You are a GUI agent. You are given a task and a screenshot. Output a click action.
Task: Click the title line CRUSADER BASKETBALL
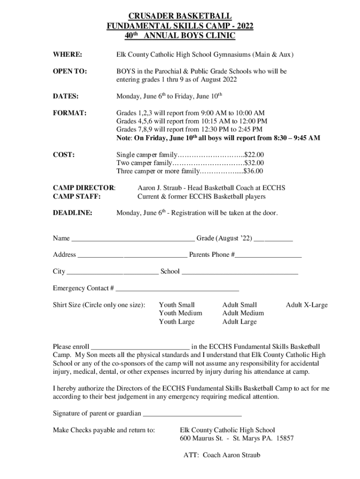click(180, 18)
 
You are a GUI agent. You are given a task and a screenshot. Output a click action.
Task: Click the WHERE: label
click(68, 55)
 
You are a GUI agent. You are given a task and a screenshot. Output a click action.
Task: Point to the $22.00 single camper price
click(255, 154)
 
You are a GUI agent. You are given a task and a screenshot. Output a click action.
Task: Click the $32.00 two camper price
click(254, 163)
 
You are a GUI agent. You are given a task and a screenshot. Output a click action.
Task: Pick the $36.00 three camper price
click(254, 171)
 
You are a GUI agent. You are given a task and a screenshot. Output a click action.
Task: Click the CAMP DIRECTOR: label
click(84, 188)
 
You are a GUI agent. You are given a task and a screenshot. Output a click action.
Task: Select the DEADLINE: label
click(72, 213)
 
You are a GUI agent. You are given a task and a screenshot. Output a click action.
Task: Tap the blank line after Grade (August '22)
click(274, 239)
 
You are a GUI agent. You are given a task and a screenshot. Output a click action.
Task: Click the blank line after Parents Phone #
click(268, 256)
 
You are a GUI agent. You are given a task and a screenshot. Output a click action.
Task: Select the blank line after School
click(239, 272)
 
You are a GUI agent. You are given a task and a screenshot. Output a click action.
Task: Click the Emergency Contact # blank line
click(177, 289)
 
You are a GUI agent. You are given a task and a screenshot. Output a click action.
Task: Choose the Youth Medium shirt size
click(180, 313)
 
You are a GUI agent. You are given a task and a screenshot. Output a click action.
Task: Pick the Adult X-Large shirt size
click(307, 305)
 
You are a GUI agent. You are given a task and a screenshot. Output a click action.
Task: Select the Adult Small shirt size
click(239, 305)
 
